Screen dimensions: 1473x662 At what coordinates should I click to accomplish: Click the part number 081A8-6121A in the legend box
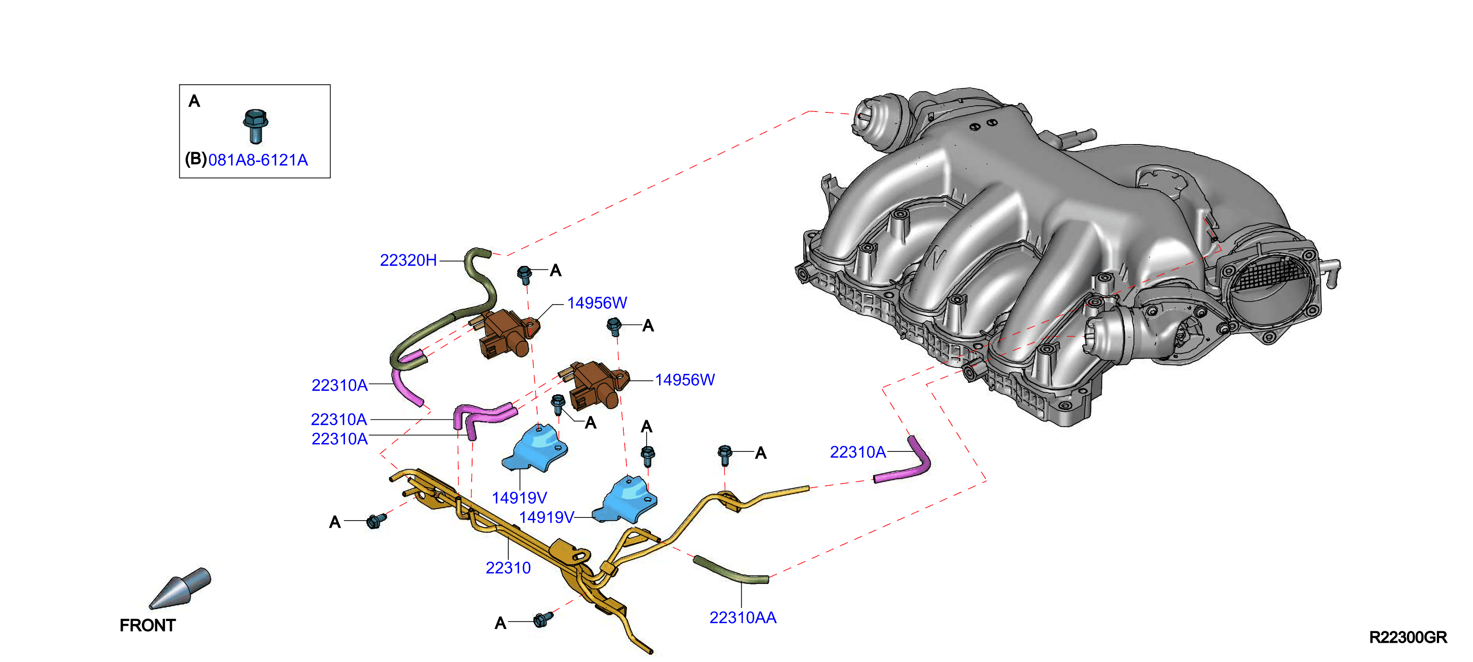coord(258,160)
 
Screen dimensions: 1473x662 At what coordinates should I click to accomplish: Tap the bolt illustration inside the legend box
coord(256,125)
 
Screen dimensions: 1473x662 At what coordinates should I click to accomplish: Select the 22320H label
coord(408,261)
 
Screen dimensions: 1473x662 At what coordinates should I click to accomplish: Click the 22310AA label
coord(743,617)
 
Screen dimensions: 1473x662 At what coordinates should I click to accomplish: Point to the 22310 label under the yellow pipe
coord(508,568)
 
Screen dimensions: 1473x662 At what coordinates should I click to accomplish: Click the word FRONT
coord(148,625)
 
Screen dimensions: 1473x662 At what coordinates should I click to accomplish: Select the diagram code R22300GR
coord(1408,637)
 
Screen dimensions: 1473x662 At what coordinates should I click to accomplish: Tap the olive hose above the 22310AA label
coord(730,570)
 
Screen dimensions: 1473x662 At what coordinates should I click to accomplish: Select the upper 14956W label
coord(597,303)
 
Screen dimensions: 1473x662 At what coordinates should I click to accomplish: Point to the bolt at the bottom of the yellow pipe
coord(543,620)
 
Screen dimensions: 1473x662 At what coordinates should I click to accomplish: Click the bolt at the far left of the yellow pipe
coord(376,520)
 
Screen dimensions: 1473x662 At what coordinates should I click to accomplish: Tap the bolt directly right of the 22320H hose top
coord(524,274)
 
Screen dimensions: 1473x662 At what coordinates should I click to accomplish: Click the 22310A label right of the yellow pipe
coord(858,452)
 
